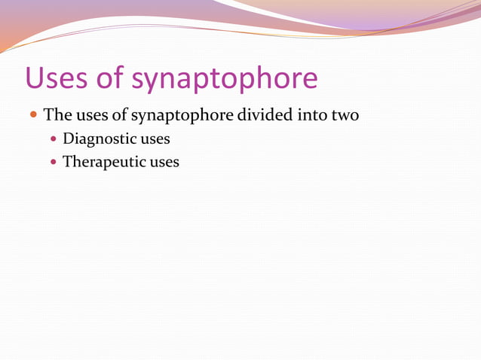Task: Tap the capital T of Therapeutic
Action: coord(67,161)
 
